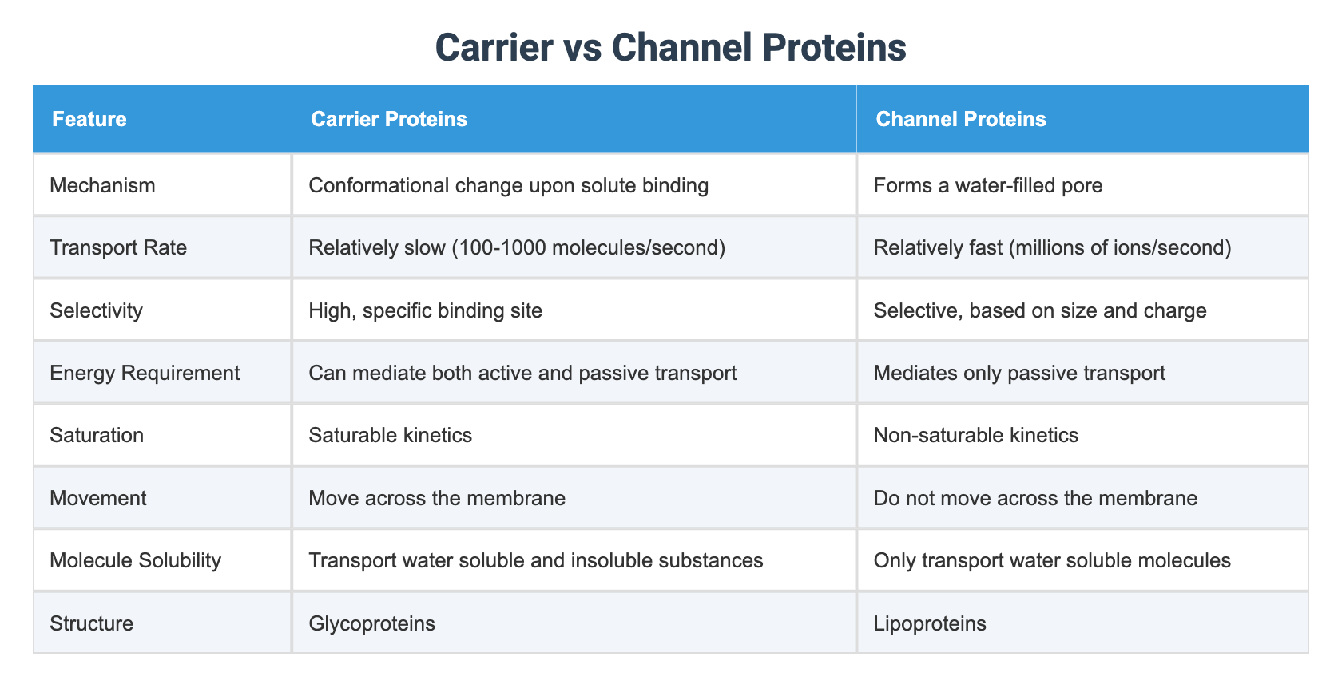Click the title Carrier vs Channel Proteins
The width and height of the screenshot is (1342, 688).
click(x=670, y=48)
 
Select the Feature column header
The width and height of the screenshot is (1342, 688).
click(x=89, y=120)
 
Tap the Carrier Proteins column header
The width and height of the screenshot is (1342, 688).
click(x=389, y=120)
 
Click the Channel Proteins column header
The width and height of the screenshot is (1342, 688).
click(x=960, y=120)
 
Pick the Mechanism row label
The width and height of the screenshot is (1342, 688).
click(x=102, y=186)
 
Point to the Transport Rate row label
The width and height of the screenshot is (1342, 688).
click(x=118, y=248)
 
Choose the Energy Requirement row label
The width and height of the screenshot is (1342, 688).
click(x=145, y=373)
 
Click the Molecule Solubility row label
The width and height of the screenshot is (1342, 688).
click(x=135, y=560)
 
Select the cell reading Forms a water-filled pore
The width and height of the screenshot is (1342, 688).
click(x=987, y=186)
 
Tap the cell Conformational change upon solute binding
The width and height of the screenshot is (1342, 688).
click(x=508, y=186)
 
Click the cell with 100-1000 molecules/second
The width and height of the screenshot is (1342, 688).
click(x=517, y=248)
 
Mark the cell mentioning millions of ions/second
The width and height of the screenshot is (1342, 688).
click(x=1052, y=248)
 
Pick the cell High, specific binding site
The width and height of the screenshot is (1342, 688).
click(x=425, y=310)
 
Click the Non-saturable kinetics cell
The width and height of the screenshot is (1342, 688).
click(x=975, y=436)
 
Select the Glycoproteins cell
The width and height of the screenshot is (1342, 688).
click(x=371, y=623)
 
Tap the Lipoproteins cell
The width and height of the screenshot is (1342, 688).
click(x=930, y=623)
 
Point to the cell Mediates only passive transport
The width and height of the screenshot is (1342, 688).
click(x=1019, y=373)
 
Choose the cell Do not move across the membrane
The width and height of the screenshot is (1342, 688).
click(x=1035, y=499)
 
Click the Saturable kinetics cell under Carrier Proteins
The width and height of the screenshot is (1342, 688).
click(x=390, y=436)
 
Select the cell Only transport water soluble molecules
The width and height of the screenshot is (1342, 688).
click(x=1052, y=560)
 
